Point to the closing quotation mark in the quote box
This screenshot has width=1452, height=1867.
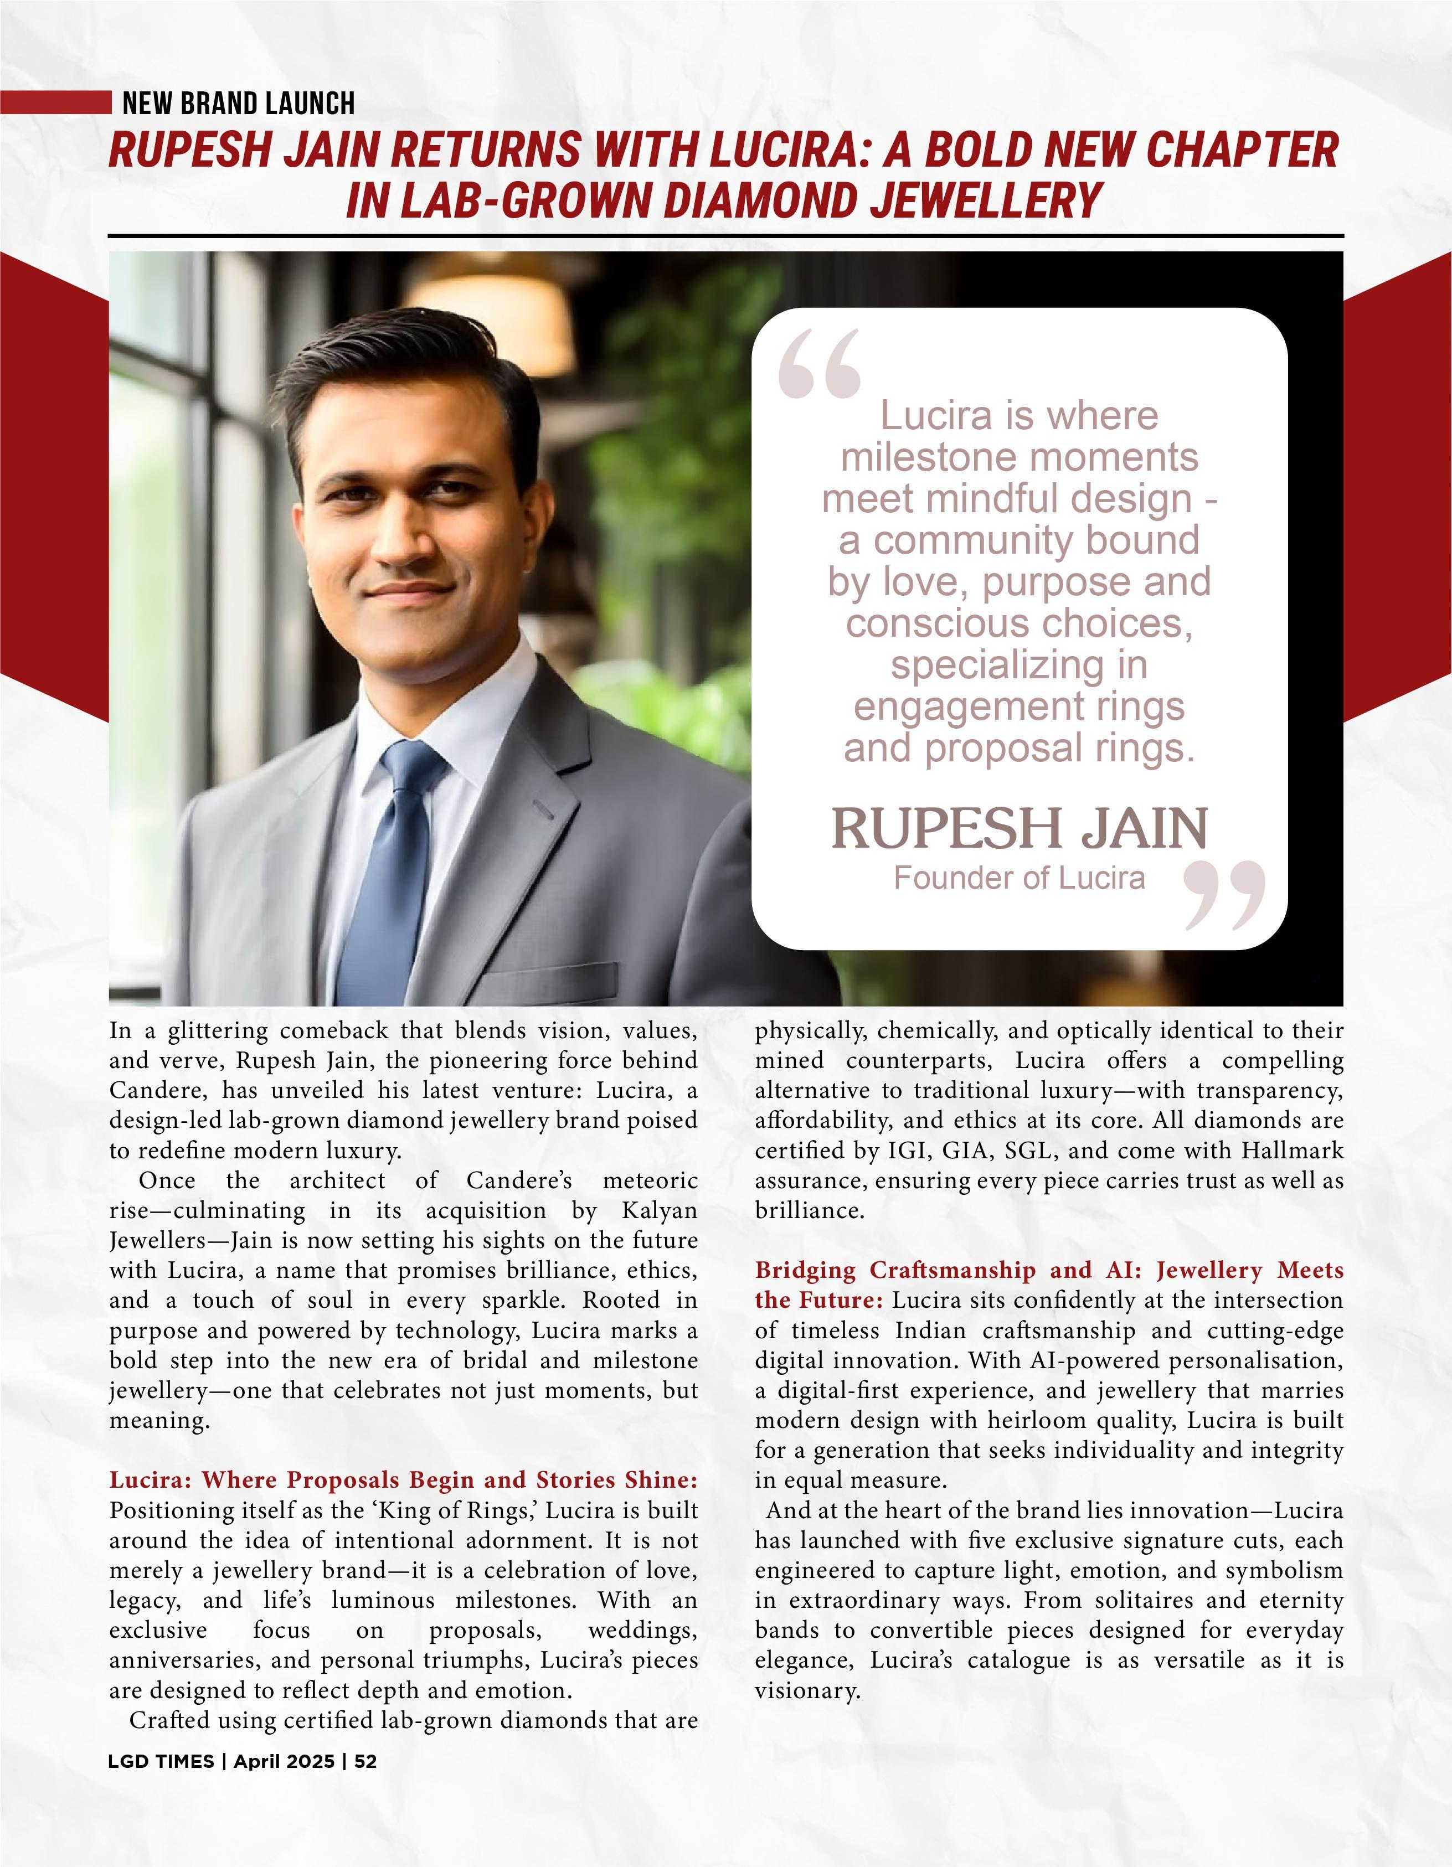[1224, 895]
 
